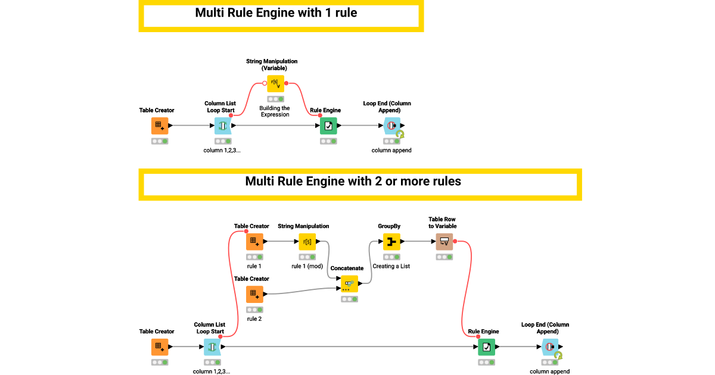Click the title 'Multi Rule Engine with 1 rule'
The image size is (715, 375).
[x=276, y=12]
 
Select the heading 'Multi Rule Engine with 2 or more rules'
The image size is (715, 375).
[x=353, y=182]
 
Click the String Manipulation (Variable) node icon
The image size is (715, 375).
[x=275, y=83]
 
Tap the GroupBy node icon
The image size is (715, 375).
[x=391, y=242]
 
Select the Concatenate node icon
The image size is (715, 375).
[x=350, y=284]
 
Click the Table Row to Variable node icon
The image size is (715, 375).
[x=444, y=242]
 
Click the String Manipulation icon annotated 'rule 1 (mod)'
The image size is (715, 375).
[x=307, y=242]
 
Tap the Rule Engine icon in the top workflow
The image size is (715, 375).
[x=328, y=126]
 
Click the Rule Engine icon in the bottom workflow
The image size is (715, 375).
[x=487, y=347]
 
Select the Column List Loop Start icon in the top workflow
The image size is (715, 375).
[x=223, y=126]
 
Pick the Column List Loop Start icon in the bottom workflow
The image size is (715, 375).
[x=212, y=347]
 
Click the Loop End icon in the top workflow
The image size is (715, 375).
[x=391, y=126]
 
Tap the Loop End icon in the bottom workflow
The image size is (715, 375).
[x=549, y=347]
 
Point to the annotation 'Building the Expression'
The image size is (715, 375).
[x=275, y=111]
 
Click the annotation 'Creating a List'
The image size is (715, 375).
[x=391, y=266]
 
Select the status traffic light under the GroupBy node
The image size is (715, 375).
[x=391, y=257]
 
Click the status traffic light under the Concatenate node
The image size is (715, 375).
[x=350, y=299]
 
